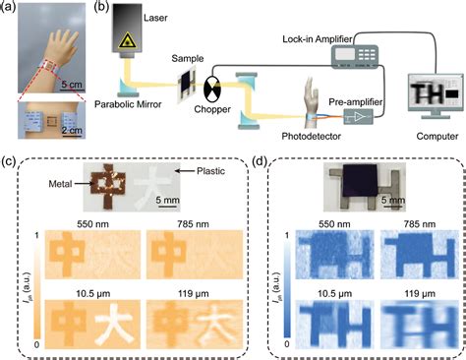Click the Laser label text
tap(172, 8)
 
